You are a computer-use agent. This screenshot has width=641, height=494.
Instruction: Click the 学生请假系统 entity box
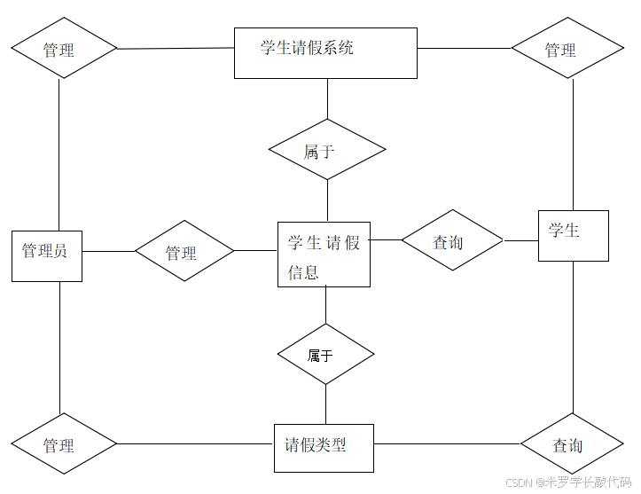325,52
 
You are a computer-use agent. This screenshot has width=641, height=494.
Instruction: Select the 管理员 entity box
46,256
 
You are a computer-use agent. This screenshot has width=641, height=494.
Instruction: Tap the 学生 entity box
573,236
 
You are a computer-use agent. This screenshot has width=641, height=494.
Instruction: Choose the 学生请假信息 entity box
324,255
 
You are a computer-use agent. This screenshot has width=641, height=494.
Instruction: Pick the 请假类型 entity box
324,448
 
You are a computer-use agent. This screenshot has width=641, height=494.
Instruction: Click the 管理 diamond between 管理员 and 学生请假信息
184,252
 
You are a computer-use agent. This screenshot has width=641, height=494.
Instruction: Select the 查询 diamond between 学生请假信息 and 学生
451,240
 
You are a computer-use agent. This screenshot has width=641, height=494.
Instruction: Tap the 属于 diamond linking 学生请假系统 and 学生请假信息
327,150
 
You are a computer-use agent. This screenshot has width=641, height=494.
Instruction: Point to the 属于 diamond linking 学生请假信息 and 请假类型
325,354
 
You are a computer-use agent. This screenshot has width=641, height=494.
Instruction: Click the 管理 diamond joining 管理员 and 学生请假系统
63,49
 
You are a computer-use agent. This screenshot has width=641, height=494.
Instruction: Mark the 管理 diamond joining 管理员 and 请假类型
63,443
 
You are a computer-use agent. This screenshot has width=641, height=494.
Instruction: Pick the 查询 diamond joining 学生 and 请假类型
572,443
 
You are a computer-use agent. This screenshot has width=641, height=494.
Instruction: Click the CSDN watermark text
567,482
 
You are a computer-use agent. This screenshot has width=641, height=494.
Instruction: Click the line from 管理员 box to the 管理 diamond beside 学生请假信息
107,251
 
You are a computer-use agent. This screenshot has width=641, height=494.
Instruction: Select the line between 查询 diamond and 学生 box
520,239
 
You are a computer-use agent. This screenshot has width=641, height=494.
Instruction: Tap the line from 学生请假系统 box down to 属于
327,98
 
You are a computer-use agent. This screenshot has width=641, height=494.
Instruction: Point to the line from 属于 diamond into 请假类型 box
325,404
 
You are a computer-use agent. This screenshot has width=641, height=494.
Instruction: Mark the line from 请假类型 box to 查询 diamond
446,443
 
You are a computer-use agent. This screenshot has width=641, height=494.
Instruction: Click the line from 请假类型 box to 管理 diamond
195,443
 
